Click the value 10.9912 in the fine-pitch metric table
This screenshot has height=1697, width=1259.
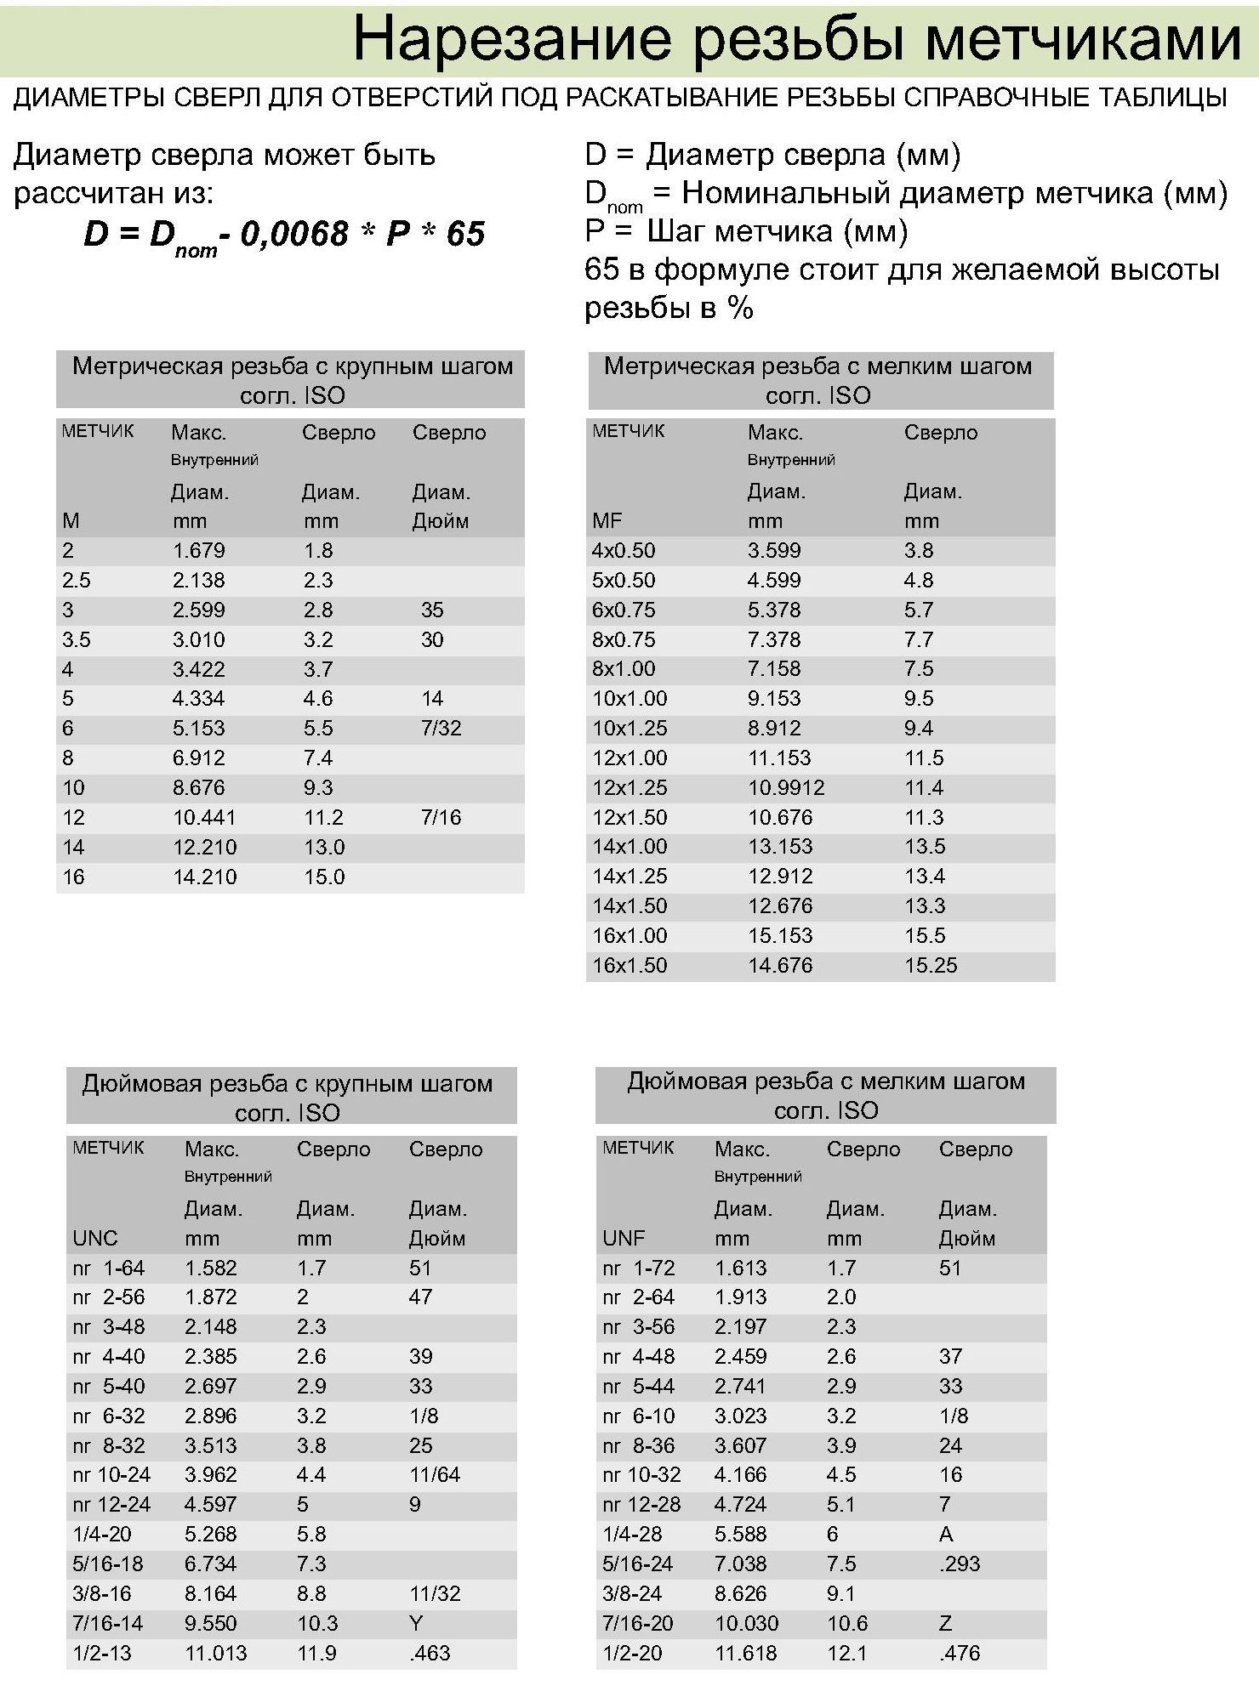(786, 788)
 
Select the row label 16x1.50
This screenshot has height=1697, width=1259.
(629, 966)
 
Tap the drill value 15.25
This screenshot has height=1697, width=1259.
(931, 966)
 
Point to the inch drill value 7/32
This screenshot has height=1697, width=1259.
(441, 729)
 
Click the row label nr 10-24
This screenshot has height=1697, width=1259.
(111, 1475)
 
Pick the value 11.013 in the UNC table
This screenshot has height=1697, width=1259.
(215, 1654)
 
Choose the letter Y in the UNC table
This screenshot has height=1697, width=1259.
(415, 1624)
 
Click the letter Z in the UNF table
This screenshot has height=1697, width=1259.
(945, 1624)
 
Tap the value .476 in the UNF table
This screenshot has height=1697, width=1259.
(960, 1654)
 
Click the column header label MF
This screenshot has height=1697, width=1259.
(607, 521)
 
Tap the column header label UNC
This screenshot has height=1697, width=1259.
(95, 1239)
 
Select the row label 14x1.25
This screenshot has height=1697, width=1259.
(629, 877)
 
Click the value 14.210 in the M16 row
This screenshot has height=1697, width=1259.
(204, 877)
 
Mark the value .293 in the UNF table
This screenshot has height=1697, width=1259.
(960, 1564)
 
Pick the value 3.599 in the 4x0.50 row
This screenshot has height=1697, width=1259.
(774, 551)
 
